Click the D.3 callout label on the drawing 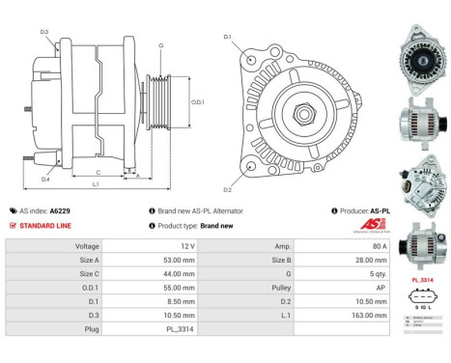[44, 32]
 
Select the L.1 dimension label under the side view [95, 182]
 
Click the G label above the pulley [160, 45]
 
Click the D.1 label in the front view [228, 38]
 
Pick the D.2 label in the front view [228, 189]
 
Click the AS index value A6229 [59, 210]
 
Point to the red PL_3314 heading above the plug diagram [421, 279]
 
